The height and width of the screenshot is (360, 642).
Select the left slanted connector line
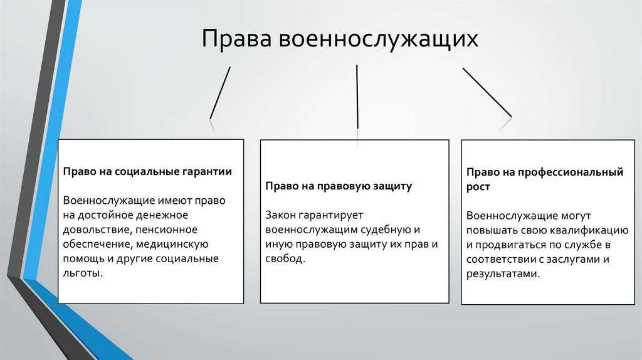(220, 92)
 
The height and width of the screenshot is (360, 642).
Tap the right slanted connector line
(487, 92)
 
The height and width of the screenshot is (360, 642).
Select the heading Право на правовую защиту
(339, 186)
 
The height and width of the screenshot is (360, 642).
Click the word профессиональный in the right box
(577, 172)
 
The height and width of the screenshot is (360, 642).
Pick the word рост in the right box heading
(478, 187)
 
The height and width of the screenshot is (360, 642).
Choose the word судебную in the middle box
(389, 230)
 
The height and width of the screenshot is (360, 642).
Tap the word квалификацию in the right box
(585, 230)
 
